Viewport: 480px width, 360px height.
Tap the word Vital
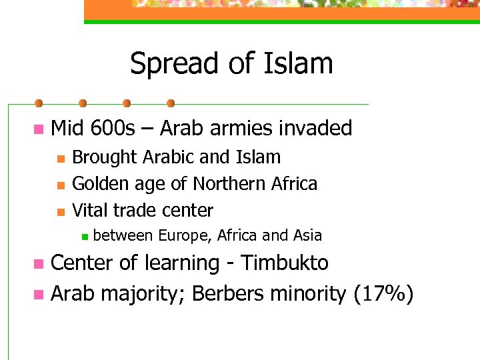(x=89, y=210)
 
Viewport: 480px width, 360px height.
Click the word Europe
(x=186, y=235)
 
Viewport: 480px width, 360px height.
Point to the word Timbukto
(x=285, y=263)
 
